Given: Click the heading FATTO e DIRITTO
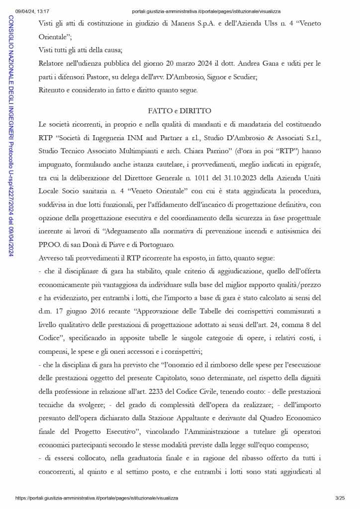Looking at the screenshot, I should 180,111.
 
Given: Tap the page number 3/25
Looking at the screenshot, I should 340,498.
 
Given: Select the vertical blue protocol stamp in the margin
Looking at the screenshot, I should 11,130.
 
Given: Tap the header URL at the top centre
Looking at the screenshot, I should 206,11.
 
